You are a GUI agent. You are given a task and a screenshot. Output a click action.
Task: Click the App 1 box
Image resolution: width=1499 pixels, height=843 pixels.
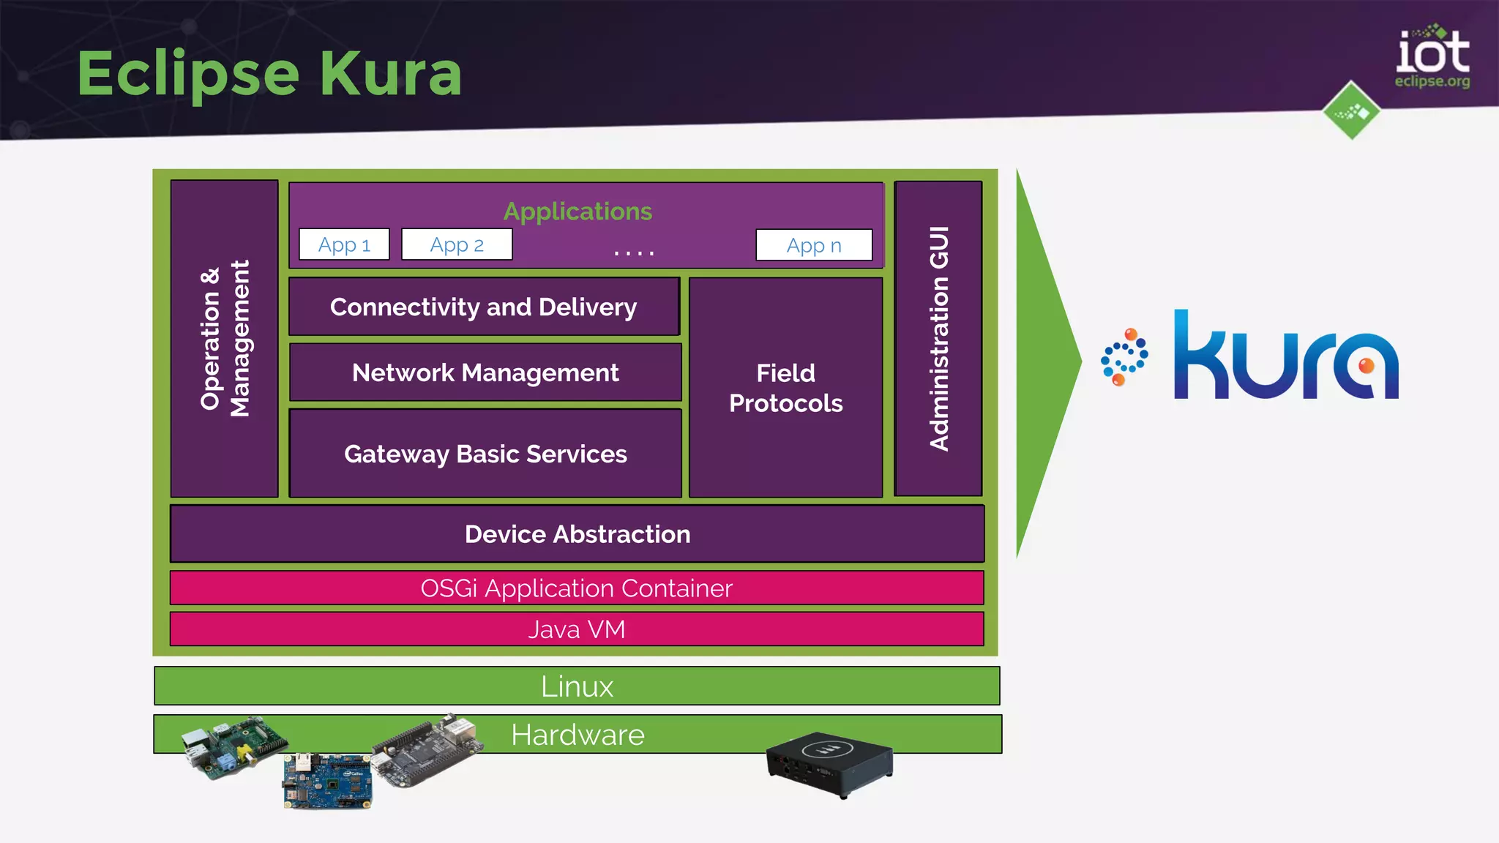point(344,244)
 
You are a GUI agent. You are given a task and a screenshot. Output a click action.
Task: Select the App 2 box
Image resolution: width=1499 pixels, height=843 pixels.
point(457,244)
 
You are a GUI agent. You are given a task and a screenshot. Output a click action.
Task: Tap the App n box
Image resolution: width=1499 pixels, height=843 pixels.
point(814,245)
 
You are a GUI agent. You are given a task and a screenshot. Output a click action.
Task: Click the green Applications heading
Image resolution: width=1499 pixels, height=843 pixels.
point(577,211)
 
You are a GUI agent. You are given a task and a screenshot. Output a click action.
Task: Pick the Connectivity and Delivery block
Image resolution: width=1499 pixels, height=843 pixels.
point(484,307)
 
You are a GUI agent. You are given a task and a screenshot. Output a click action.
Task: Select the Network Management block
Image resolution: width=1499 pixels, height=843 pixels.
point(485,372)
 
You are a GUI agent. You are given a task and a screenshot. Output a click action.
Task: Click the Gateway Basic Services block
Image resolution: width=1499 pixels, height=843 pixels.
point(485,454)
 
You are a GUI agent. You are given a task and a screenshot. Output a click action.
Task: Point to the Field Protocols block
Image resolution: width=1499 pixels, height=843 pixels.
point(785,388)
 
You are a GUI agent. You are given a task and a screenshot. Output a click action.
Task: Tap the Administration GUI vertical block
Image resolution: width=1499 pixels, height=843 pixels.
point(938,338)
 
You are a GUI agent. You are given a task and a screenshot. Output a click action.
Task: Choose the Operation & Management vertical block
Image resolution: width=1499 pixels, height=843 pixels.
point(225,338)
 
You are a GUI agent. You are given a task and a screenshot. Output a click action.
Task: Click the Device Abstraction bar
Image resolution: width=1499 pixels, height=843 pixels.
point(577,534)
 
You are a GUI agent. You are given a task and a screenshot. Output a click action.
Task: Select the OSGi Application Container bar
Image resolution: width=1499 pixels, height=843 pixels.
point(577,588)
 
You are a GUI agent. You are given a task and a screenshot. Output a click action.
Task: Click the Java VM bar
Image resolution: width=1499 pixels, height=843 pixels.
point(577,629)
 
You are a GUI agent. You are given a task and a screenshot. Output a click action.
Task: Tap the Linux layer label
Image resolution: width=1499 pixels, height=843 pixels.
point(577,686)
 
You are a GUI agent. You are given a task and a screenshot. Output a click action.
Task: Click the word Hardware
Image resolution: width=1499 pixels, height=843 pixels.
point(577,735)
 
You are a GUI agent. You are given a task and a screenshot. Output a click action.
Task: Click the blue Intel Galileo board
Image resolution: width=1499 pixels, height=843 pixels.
point(327,781)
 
